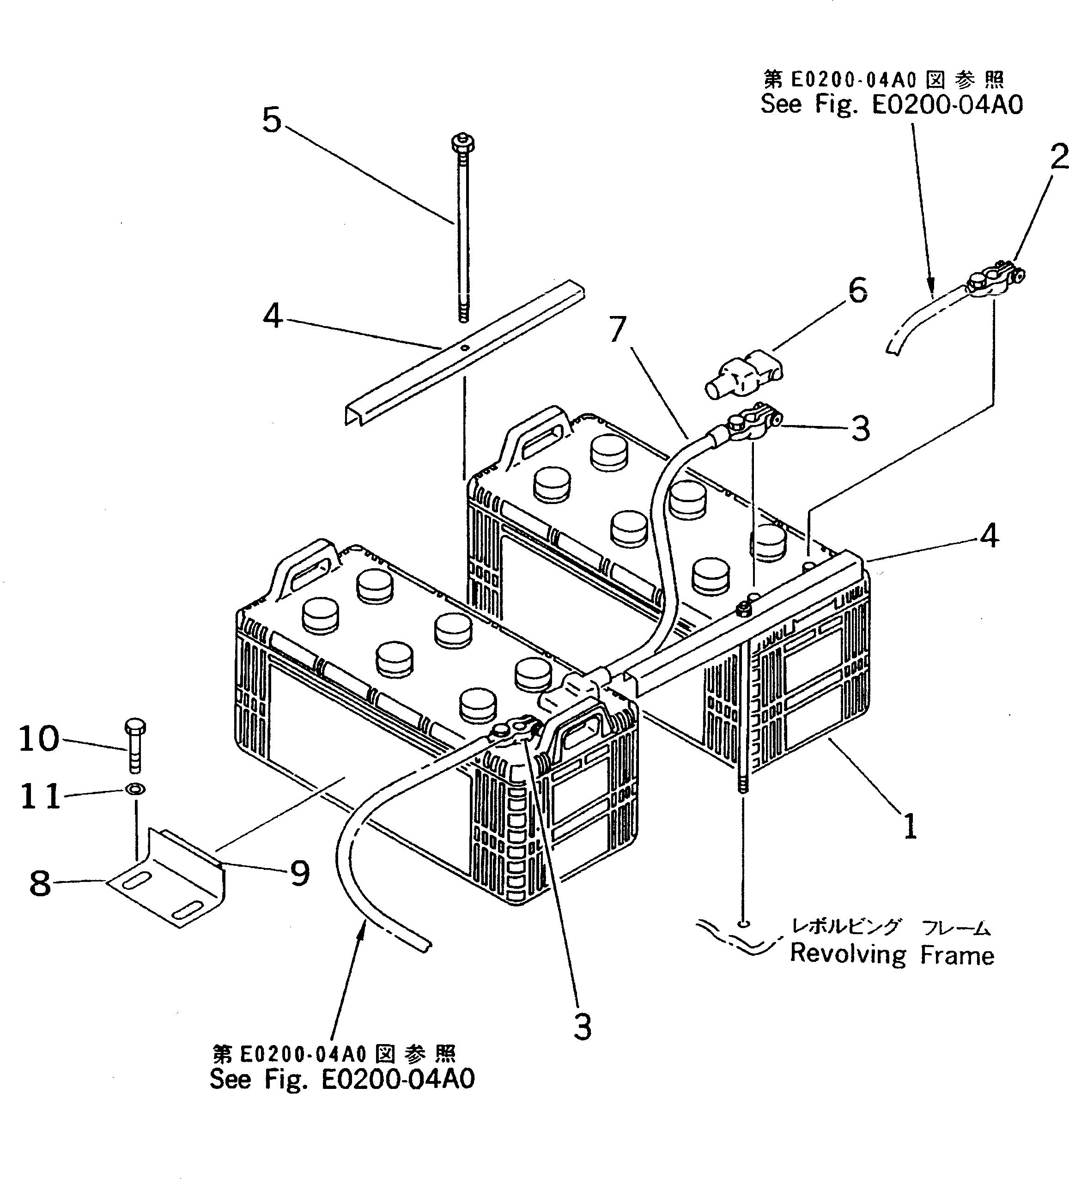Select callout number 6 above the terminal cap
click(x=857, y=291)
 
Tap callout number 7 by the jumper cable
click(x=618, y=330)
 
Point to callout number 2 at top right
click(x=1058, y=157)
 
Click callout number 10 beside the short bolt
click(x=39, y=739)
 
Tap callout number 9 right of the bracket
click(x=299, y=874)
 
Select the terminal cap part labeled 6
click(x=744, y=375)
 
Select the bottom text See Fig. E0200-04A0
click(x=342, y=1079)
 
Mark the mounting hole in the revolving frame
click(x=743, y=924)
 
